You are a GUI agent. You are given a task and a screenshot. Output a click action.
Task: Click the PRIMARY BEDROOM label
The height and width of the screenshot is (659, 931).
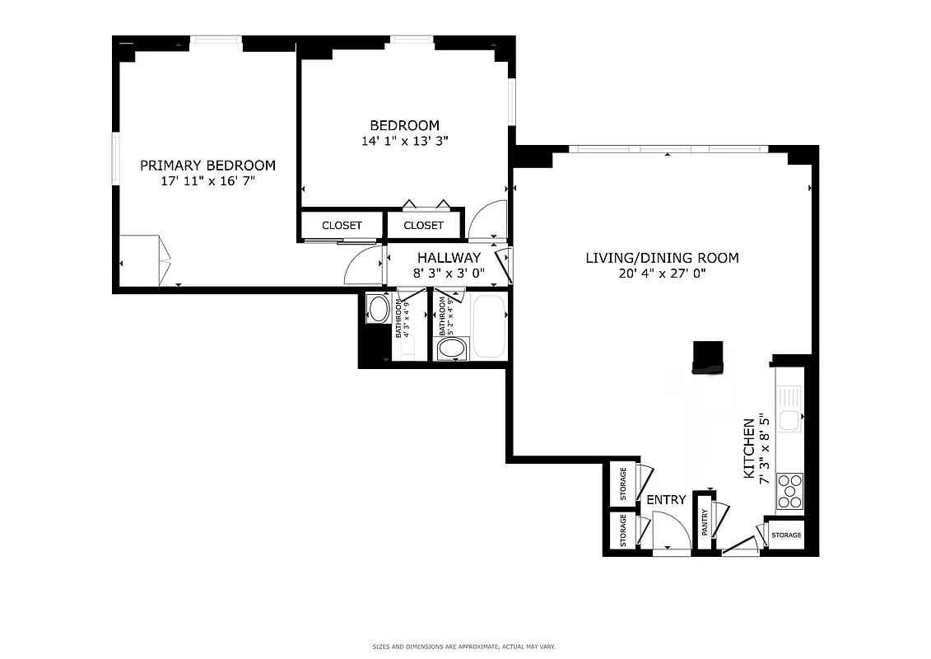207,165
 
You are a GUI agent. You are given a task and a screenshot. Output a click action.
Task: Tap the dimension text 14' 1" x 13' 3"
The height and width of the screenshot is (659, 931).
404,141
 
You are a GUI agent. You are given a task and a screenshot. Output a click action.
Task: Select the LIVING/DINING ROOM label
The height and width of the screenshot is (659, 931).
662,258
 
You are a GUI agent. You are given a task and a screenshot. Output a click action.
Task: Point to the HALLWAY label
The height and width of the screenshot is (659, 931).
449,258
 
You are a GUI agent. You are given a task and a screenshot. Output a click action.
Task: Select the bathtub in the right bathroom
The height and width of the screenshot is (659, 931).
488,327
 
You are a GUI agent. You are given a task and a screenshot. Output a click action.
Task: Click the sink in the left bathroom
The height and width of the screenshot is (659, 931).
379,310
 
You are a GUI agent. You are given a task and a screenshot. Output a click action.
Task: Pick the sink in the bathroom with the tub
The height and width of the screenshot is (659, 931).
451,348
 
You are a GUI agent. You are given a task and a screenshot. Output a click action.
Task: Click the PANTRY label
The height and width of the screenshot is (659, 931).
705,523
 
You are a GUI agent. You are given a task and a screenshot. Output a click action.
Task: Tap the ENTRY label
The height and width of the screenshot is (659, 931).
666,500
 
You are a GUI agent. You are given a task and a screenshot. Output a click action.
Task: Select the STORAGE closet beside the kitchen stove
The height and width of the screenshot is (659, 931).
786,535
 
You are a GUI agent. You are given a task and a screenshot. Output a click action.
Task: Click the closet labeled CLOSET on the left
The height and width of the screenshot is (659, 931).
342,226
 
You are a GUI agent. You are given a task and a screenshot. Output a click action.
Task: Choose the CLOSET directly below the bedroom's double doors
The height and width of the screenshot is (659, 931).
424,226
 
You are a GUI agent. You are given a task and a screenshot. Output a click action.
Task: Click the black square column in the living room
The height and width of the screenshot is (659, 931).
708,357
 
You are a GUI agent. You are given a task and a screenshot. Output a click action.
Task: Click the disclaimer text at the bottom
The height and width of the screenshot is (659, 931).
464,647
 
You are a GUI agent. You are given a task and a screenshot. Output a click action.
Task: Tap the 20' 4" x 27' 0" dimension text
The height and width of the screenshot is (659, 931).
662,273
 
